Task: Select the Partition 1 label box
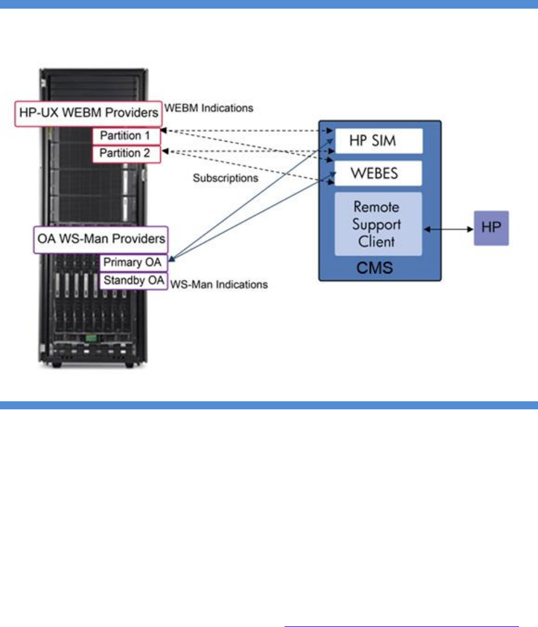[x=125, y=136]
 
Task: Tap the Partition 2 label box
[x=125, y=154]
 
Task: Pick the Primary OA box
[x=133, y=263]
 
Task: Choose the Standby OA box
[x=133, y=282]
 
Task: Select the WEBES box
[x=379, y=173]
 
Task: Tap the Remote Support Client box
[x=378, y=223]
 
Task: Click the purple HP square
[x=491, y=229]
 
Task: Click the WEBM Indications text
[x=209, y=108]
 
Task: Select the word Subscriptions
[x=225, y=178]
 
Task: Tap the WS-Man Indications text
[x=218, y=284]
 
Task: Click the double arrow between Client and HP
[x=448, y=229]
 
